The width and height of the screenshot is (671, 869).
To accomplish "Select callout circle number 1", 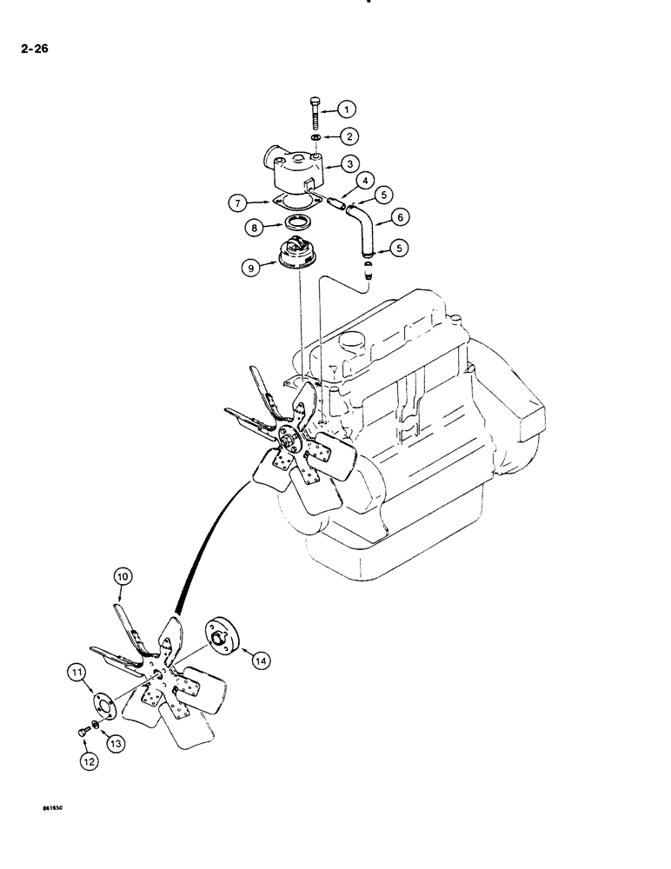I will [x=346, y=109].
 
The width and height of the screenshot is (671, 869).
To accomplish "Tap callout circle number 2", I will [x=346, y=136].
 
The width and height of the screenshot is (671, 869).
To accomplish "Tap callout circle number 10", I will [x=122, y=575].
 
